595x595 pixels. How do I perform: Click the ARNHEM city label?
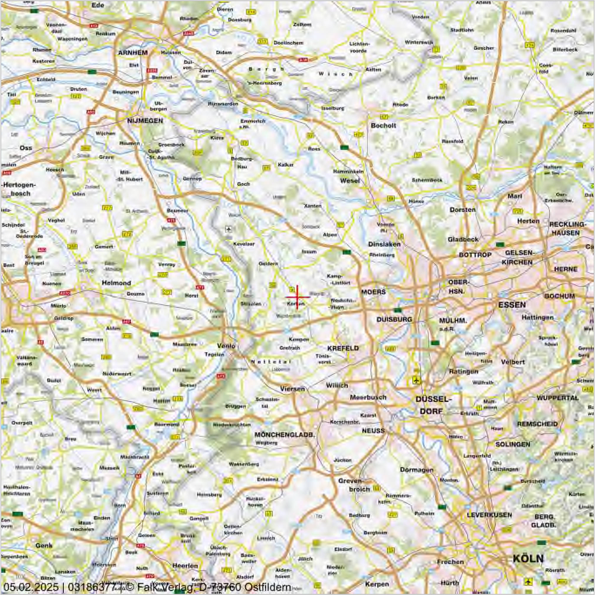133,53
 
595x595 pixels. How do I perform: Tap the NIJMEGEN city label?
145,121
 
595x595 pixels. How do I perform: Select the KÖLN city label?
528,558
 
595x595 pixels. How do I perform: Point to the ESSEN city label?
512,305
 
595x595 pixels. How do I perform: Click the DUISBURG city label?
394,319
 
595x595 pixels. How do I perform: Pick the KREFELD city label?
343,348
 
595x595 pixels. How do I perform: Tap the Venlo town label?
226,345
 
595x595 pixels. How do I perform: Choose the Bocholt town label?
383,125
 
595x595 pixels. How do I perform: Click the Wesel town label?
350,181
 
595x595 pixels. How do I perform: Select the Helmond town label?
116,282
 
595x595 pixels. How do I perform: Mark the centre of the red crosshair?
297,297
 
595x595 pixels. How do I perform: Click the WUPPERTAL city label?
557,398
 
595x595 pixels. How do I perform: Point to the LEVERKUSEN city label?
489,515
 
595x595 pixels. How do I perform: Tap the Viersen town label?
292,388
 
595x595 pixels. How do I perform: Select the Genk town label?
44,546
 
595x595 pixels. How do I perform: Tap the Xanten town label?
313,206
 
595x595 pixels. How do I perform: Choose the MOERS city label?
373,292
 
